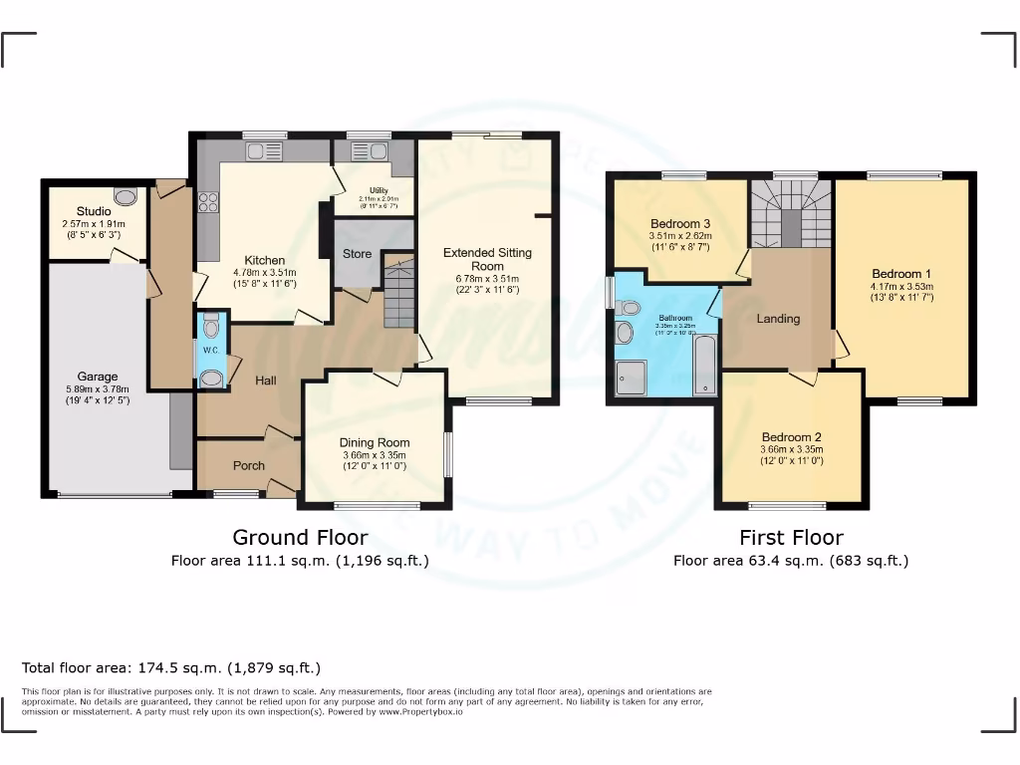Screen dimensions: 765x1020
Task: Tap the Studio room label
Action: point(94,211)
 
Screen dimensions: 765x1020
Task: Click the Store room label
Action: point(357,254)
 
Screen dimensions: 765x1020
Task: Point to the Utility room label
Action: point(378,190)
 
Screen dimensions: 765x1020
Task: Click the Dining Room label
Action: point(374,443)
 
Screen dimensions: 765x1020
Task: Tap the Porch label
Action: point(249,466)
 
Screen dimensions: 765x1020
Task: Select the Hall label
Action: point(265,381)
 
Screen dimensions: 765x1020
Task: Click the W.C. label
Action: point(210,350)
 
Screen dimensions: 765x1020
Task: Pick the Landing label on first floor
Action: point(778,319)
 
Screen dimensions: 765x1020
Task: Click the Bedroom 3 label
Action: point(678,222)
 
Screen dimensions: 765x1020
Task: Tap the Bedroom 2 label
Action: point(791,437)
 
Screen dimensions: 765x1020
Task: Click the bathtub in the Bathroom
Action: point(705,366)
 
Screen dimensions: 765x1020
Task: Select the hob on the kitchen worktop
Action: point(209,202)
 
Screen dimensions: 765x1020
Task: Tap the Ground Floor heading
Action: point(300,538)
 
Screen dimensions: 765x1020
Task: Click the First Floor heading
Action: point(791,538)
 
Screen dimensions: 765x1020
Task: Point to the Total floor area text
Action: point(171,667)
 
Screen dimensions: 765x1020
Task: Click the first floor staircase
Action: point(790,214)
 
